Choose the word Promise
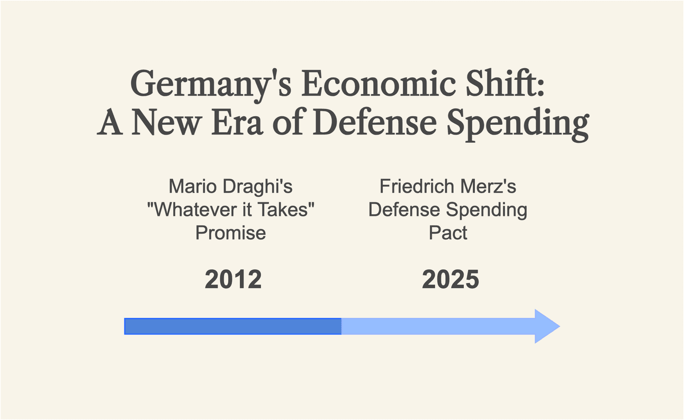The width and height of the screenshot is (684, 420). pyautogui.click(x=231, y=233)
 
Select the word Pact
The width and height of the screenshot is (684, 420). pyautogui.click(x=448, y=233)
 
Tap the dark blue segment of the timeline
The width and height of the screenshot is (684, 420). pyautogui.click(x=233, y=326)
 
